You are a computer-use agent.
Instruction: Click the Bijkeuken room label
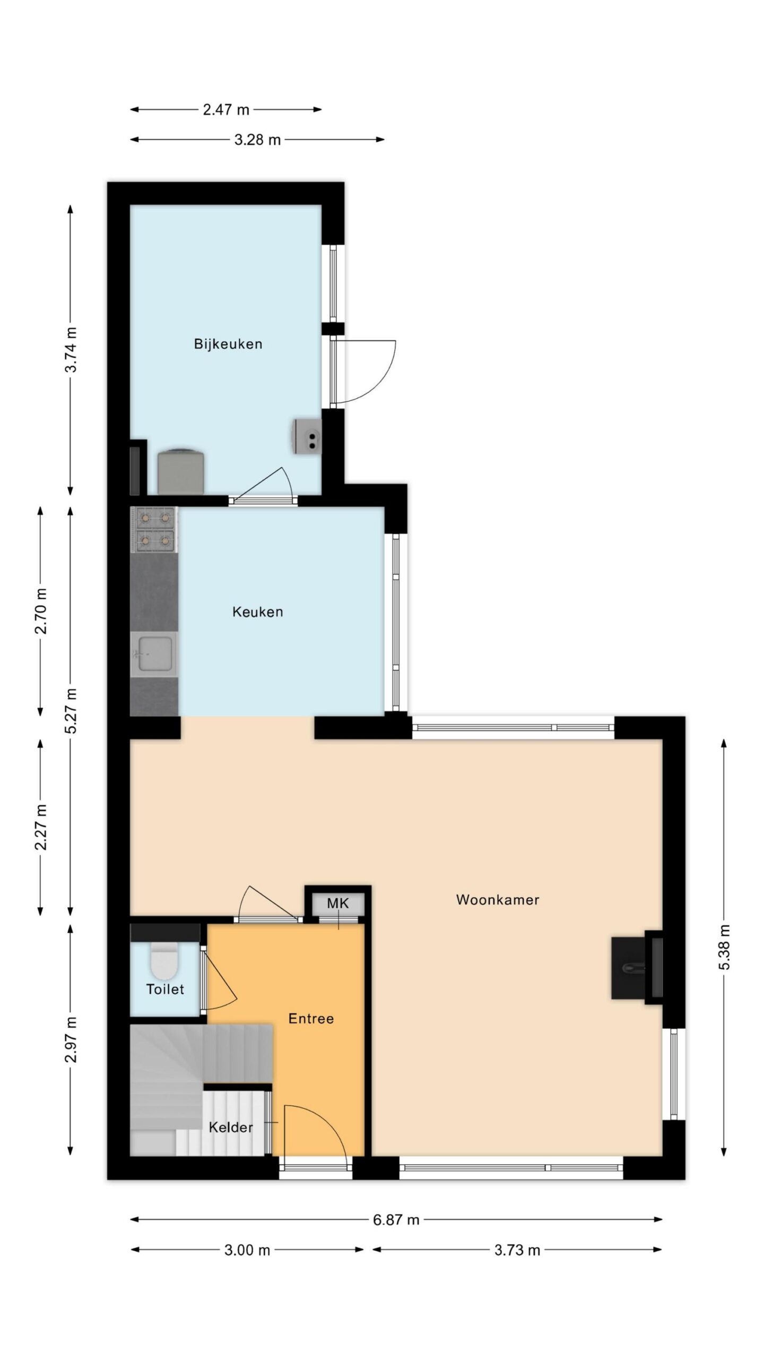[228, 344]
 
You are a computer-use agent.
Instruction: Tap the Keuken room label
[258, 612]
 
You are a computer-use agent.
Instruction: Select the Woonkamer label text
[498, 900]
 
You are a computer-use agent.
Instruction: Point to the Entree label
[311, 1019]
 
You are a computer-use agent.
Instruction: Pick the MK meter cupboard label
[338, 904]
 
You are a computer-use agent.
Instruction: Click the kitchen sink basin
[154, 654]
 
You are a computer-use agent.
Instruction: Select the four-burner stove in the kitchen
[154, 529]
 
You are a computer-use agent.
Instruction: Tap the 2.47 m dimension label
[226, 110]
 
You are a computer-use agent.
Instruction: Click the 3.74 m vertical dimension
[71, 349]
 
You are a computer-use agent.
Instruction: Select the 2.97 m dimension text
[71, 1040]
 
